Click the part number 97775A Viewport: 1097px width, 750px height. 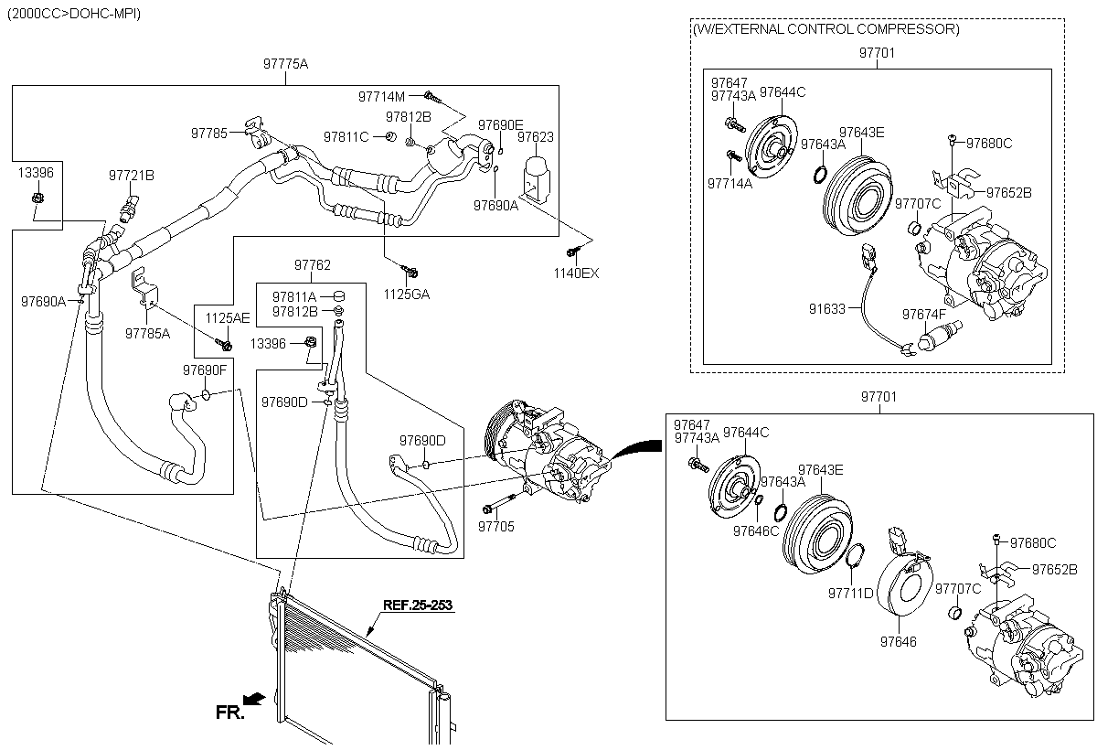coord(285,64)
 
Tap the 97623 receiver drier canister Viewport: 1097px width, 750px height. coord(538,178)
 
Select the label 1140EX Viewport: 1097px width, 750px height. coord(576,273)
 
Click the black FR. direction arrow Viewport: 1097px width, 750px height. coord(255,699)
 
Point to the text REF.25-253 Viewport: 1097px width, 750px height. coord(418,605)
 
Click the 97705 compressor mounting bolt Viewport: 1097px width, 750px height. coord(499,504)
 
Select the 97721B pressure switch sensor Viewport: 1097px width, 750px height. coord(129,209)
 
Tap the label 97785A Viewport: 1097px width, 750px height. coord(147,334)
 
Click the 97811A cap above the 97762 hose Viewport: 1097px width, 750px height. coord(339,296)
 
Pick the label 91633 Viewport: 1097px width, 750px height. coord(827,309)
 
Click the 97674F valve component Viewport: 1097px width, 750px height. coord(940,336)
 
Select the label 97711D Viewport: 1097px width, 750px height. coord(851,594)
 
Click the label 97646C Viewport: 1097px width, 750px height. coord(756,531)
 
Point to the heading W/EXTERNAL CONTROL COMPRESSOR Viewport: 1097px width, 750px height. coord(825,29)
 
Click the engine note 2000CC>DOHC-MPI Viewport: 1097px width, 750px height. coord(74,14)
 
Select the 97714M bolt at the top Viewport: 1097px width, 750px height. coord(432,98)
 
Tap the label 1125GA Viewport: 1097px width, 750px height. coord(407,295)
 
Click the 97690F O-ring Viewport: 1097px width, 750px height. coord(207,394)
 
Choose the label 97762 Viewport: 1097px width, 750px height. coord(313,265)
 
